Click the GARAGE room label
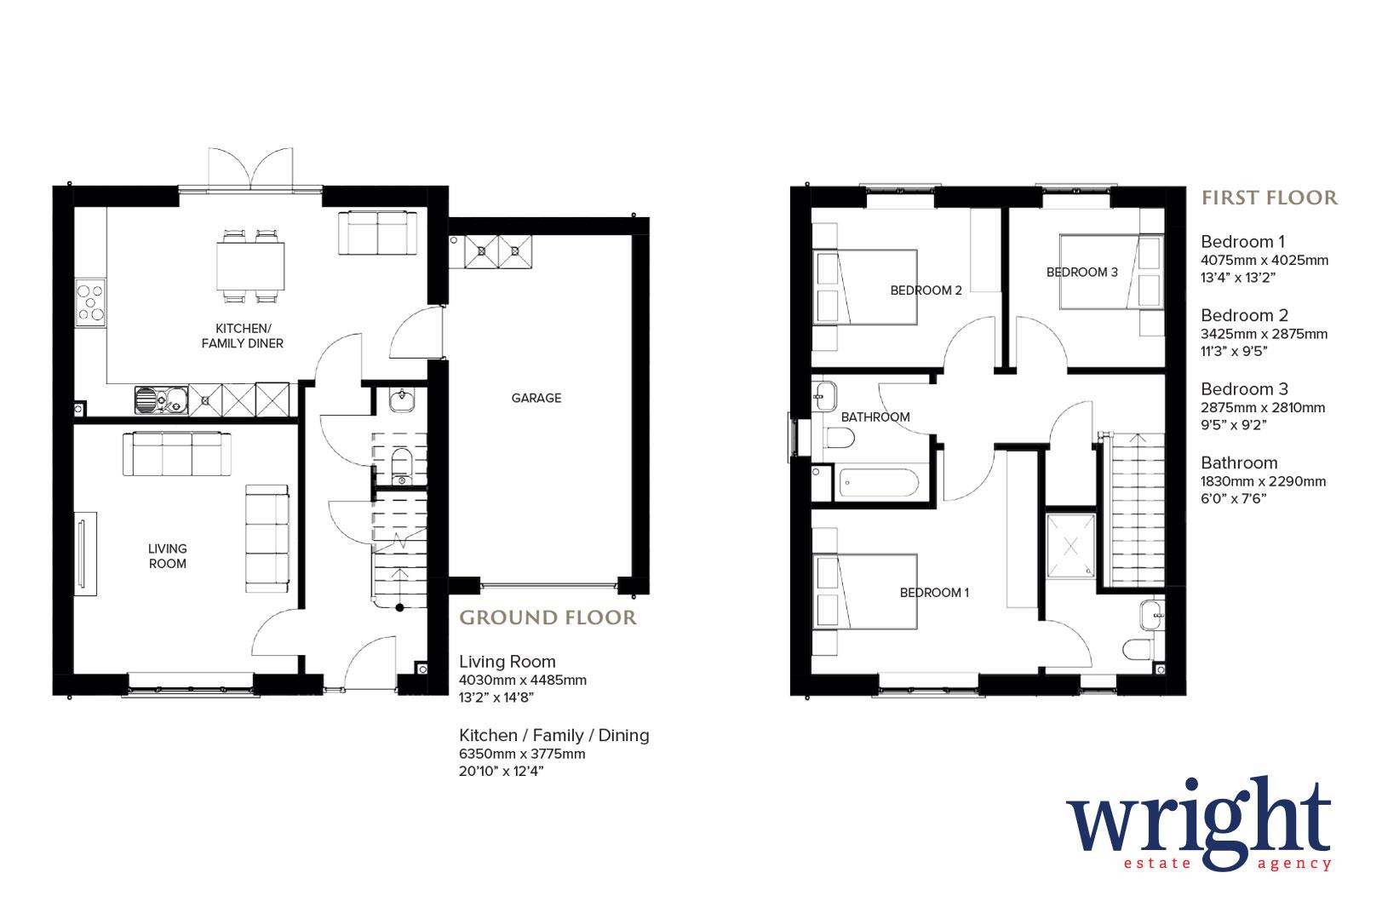pyautogui.click(x=536, y=398)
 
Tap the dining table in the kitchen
pyautogui.click(x=250, y=266)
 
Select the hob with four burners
pyautogui.click(x=90, y=304)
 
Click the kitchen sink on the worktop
pyautogui.click(x=161, y=398)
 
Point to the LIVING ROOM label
pyautogui.click(x=167, y=556)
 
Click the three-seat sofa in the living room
pyautogui.click(x=177, y=454)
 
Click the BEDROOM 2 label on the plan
pyautogui.click(x=926, y=290)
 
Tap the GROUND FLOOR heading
pyautogui.click(x=548, y=617)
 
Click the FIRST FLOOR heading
pyautogui.click(x=1269, y=198)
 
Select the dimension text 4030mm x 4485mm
pyautogui.click(x=522, y=681)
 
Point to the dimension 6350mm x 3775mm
pyautogui.click(x=521, y=754)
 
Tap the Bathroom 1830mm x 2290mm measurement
pyautogui.click(x=1263, y=481)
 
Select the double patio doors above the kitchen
pyautogui.click(x=250, y=169)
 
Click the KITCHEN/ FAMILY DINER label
pyautogui.click(x=242, y=336)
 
